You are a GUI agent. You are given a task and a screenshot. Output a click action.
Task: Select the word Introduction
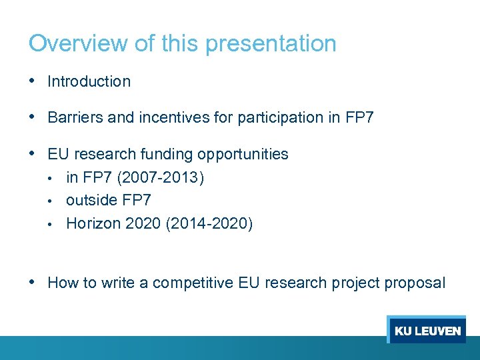(x=89, y=82)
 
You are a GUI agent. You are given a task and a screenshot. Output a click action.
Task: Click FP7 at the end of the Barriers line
(x=359, y=118)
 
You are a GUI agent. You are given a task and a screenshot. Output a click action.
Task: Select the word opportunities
(x=241, y=155)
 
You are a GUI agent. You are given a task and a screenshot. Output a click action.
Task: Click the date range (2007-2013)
(x=160, y=178)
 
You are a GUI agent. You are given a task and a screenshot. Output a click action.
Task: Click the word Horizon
(x=91, y=223)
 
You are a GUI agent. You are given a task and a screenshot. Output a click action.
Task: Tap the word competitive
(x=193, y=283)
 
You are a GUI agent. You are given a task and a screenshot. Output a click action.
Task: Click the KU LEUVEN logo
(x=427, y=331)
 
